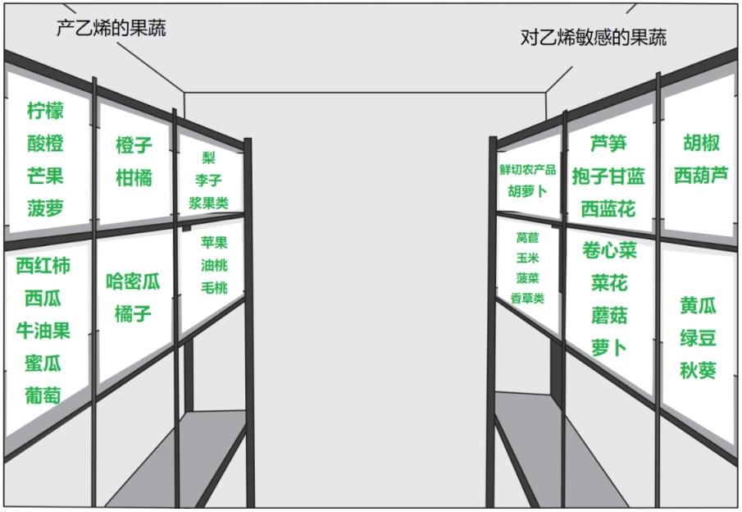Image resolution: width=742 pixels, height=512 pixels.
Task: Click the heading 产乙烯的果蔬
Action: (111, 29)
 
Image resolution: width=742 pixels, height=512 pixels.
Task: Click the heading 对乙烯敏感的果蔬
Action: (594, 37)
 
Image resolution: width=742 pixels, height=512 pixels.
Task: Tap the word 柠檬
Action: (45, 111)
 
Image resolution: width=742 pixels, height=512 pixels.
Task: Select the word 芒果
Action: (45, 176)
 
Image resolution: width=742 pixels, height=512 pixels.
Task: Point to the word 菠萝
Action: (45, 208)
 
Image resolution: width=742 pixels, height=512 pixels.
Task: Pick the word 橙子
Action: (134, 145)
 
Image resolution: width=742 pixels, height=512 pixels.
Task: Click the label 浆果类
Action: (209, 203)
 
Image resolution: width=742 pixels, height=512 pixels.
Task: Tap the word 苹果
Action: (214, 243)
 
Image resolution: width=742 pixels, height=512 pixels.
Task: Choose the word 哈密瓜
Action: (134, 282)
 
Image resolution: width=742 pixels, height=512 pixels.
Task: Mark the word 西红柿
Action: (43, 265)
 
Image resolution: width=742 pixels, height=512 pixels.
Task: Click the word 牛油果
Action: (43, 331)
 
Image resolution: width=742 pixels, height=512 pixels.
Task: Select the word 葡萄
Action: (43, 395)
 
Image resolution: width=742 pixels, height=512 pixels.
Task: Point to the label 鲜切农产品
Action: (527, 170)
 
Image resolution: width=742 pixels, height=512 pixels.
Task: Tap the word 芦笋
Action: (608, 143)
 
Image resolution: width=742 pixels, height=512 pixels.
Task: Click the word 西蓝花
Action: (608, 209)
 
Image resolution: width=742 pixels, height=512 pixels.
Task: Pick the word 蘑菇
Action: (608, 315)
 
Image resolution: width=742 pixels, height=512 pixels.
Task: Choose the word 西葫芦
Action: (701, 176)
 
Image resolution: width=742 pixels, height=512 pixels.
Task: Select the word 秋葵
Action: (698, 371)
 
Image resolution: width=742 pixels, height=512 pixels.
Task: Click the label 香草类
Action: (527, 298)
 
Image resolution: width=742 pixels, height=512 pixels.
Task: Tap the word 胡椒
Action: (701, 143)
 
